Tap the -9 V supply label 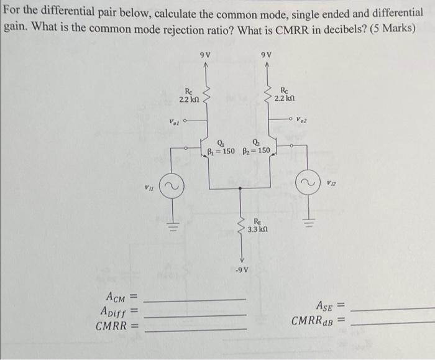[242, 269]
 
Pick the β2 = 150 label [255, 150]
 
